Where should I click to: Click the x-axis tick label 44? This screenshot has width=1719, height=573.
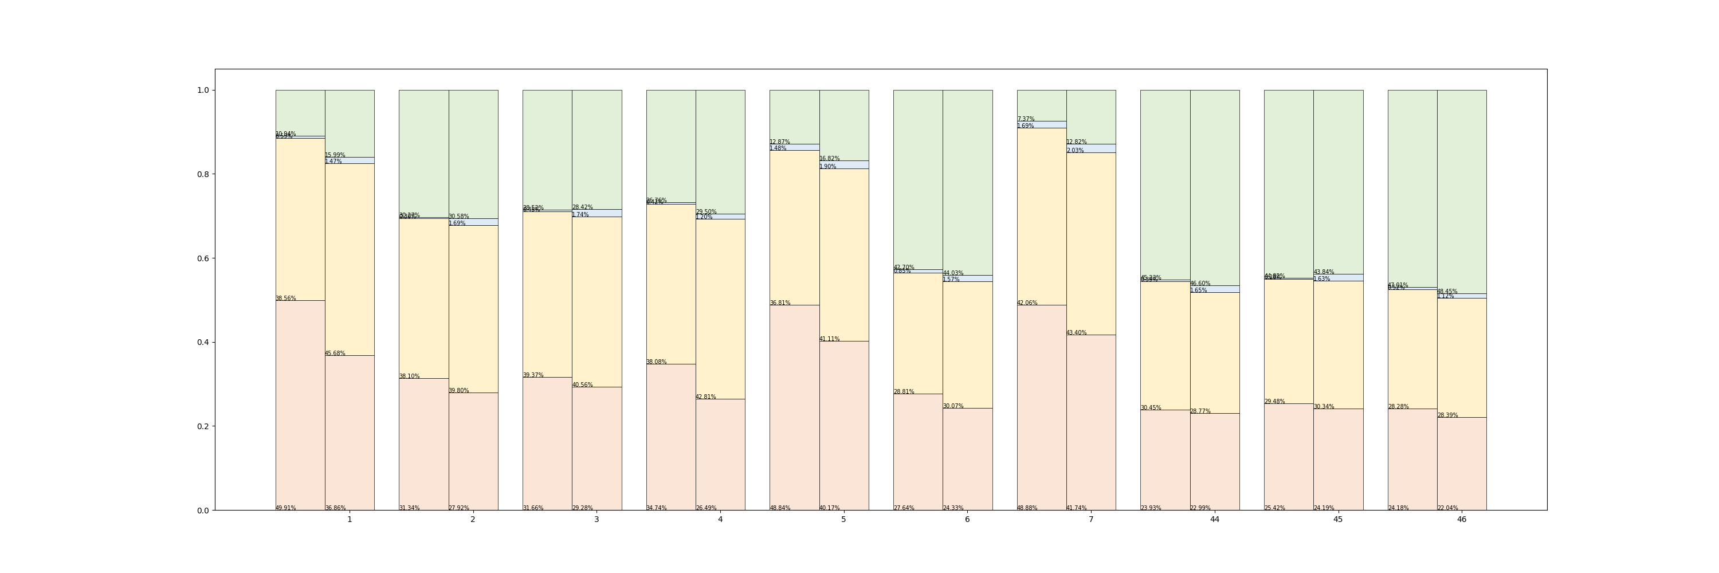click(1215, 519)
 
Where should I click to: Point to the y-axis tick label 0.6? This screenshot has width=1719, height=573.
click(203, 258)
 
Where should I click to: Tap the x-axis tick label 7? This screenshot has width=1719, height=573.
click(1091, 519)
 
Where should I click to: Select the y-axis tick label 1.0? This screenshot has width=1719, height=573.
click(203, 90)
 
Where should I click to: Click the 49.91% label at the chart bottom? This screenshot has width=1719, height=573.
click(285, 508)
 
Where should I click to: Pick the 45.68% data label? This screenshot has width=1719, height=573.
click(335, 354)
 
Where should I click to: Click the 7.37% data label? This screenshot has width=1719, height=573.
click(1026, 119)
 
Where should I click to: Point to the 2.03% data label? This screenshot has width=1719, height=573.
click(1075, 151)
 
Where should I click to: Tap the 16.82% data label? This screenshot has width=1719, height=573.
click(830, 159)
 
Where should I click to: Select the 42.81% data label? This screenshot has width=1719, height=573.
click(706, 397)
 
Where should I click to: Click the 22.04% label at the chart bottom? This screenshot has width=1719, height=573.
click(1447, 508)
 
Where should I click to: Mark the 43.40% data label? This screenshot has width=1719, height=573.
click(1076, 333)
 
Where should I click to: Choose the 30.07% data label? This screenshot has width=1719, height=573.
click(953, 406)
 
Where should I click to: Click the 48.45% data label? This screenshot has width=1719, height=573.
click(1447, 292)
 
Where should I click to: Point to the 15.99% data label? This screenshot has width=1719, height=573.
click(335, 155)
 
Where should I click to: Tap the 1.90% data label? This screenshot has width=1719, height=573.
click(827, 167)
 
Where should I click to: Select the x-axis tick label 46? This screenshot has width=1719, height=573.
click(1461, 519)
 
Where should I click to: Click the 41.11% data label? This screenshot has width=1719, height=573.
click(830, 339)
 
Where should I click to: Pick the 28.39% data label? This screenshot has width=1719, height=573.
click(1447, 415)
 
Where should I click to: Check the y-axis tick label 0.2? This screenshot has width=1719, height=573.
click(203, 426)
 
